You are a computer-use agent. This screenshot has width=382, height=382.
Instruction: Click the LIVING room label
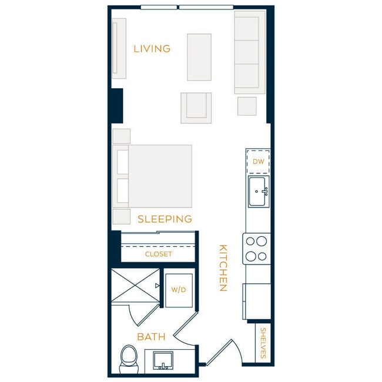click(x=152, y=49)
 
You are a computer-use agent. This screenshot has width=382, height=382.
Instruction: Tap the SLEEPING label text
click(x=165, y=219)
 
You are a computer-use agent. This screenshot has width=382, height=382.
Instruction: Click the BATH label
click(x=151, y=337)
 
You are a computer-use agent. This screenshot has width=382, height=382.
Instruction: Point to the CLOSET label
click(x=159, y=254)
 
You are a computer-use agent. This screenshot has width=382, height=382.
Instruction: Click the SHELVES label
click(x=263, y=343)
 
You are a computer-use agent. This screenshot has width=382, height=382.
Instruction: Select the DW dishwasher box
click(x=258, y=162)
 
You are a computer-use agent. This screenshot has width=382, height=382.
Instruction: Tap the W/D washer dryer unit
click(x=178, y=290)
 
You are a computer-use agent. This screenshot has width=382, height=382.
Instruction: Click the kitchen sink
click(x=258, y=192)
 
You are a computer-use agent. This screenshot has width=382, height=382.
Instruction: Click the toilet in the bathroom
click(x=128, y=358)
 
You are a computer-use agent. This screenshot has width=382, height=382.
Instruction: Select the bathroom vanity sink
click(x=163, y=360)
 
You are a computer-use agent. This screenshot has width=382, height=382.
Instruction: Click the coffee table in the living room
click(x=199, y=57)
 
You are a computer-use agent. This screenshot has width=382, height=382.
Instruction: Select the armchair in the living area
click(x=196, y=108)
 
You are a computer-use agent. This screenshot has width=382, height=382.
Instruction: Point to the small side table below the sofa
click(x=247, y=106)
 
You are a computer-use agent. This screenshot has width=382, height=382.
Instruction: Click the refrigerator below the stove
click(x=257, y=301)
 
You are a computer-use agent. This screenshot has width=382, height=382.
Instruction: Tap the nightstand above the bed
click(x=121, y=136)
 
